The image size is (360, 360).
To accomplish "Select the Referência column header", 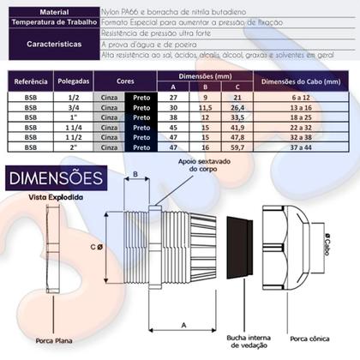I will [x=31, y=82].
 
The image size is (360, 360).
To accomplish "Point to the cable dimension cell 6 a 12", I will [x=301, y=99].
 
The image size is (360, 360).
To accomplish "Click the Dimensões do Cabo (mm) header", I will [x=301, y=82].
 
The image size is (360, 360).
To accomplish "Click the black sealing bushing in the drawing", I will [x=239, y=255].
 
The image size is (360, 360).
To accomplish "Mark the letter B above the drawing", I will [x=135, y=175].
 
